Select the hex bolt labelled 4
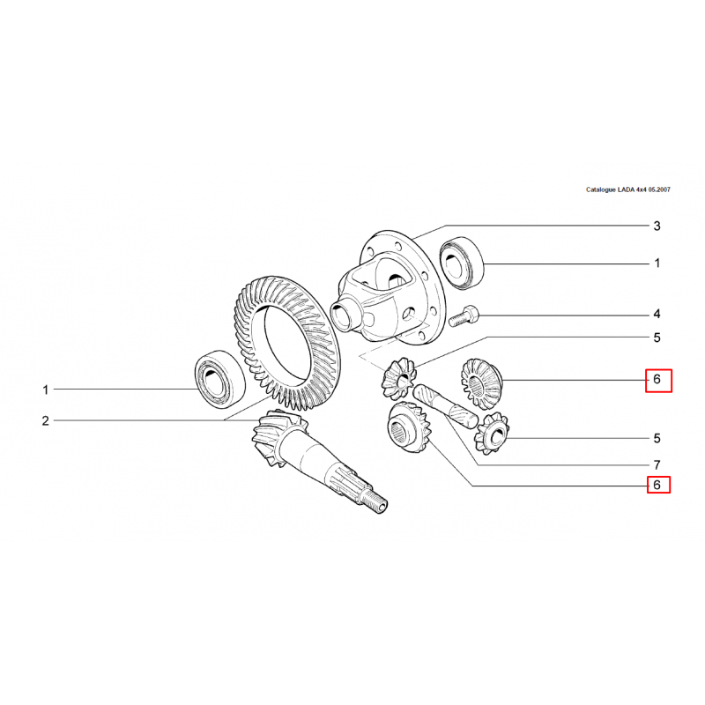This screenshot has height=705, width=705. click(x=464, y=315)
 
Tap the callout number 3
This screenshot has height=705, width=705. click(x=657, y=226)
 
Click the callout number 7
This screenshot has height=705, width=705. click(x=657, y=464)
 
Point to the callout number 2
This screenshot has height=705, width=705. click(x=46, y=421)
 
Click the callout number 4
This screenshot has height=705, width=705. click(x=657, y=314)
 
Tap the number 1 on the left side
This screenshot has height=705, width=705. click(x=46, y=390)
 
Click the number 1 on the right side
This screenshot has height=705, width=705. click(x=657, y=263)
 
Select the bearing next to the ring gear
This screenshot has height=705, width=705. click(x=219, y=379)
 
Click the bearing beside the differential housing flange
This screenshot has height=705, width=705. click(x=461, y=263)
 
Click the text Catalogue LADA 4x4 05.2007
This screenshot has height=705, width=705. click(x=627, y=189)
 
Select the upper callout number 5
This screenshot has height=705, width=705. click(x=657, y=338)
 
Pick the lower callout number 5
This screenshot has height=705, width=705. click(x=657, y=438)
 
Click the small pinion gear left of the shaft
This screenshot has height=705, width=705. click(x=398, y=379)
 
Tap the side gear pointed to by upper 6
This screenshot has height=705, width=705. click(x=481, y=383)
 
